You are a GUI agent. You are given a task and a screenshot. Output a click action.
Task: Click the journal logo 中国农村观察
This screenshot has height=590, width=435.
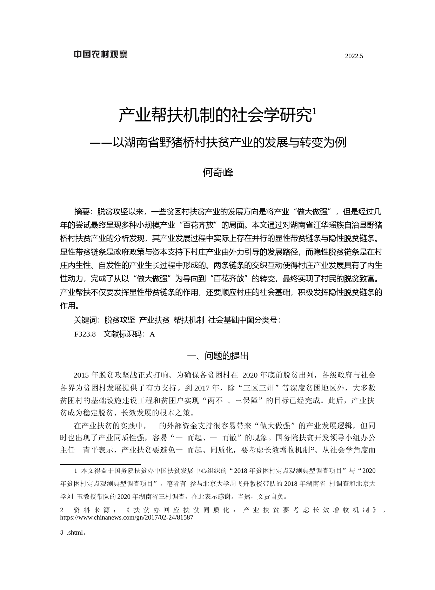pos(100,54)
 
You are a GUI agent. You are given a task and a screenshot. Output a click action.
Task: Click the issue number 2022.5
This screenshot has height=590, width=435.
pos(354,56)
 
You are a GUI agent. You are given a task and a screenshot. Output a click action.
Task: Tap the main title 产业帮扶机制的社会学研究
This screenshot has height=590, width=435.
pos(215,115)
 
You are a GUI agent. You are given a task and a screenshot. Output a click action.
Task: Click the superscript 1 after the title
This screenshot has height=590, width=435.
pos(314,111)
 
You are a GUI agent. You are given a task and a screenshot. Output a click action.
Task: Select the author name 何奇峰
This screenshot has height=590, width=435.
pos(217,172)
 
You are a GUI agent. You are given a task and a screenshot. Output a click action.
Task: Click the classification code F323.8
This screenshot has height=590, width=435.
pos(85,334)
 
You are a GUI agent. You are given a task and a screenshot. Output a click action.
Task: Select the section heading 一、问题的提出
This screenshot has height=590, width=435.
pos(217,356)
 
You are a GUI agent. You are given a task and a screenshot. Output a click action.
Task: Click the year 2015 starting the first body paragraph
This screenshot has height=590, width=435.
pos(81,375)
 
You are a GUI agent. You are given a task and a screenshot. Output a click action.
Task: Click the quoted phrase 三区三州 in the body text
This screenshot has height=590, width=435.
pos(259,388)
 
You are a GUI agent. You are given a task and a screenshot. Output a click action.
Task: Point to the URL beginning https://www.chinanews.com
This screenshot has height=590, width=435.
pos(127,517)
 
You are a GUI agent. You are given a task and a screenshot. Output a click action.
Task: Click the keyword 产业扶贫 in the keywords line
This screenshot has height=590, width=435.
pos(154,320)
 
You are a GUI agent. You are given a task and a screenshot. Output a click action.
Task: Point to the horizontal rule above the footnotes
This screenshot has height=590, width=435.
pos(100,464)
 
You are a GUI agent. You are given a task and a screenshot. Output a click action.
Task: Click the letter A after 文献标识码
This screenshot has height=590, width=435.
pos(152,334)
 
